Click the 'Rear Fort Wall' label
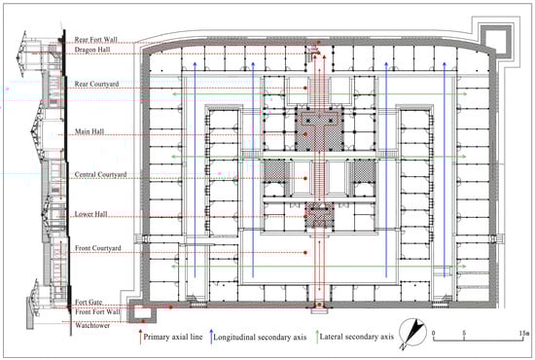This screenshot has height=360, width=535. [96, 40]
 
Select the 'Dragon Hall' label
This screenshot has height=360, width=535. [92, 50]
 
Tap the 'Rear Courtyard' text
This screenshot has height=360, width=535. [97, 84]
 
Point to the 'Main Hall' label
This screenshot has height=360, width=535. [89, 131]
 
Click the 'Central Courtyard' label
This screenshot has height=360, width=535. [100, 175]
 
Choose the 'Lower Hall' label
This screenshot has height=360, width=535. [91, 214]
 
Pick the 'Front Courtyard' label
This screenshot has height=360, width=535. [98, 248]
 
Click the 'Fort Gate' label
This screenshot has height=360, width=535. [89, 303]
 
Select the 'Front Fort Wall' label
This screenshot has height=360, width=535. [97, 312]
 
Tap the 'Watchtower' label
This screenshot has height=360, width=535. [92, 325]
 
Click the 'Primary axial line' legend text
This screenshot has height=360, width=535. [173, 338]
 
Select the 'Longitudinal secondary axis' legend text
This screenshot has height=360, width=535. [260, 338]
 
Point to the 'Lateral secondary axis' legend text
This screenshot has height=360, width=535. [357, 338]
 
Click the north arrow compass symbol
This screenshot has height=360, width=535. [412, 333]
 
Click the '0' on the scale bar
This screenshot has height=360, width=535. [433, 333]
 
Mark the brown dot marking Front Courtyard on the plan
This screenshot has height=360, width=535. [305, 253]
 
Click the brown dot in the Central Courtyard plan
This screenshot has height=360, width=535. [305, 178]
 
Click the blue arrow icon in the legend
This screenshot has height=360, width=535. [211, 336]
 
